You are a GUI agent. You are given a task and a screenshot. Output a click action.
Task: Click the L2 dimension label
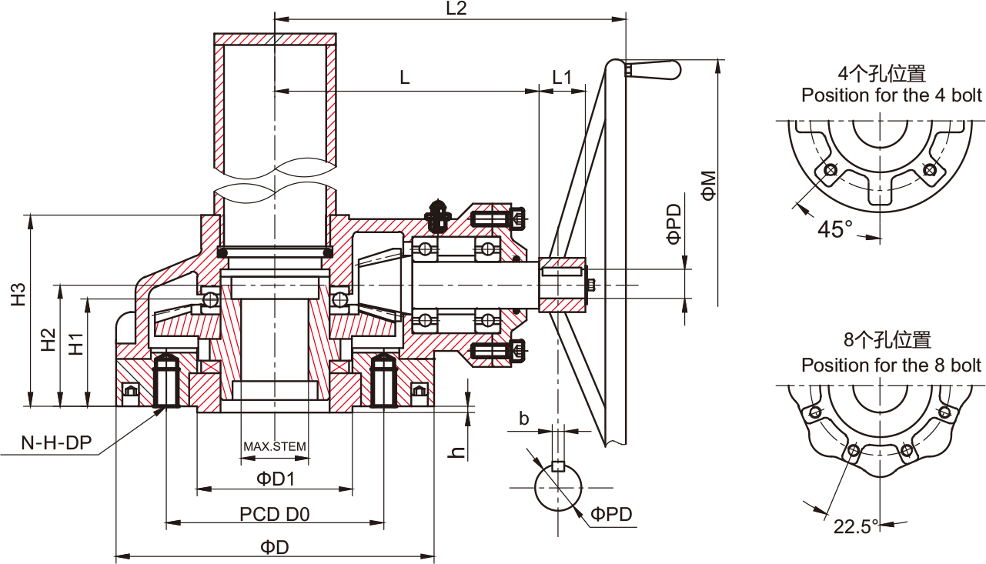(x=456, y=8)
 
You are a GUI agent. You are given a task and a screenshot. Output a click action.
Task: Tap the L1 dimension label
(x=563, y=77)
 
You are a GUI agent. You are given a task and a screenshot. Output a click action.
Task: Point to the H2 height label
(x=48, y=339)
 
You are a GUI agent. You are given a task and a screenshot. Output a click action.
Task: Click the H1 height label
(x=75, y=343)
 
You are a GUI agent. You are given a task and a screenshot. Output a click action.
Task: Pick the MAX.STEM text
(x=275, y=447)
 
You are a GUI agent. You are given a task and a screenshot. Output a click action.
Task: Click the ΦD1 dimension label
(x=276, y=479)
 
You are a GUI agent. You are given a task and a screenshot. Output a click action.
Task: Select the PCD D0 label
(x=275, y=514)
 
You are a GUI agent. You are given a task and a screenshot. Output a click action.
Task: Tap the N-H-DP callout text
(x=56, y=442)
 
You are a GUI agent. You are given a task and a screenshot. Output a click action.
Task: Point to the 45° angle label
(x=835, y=229)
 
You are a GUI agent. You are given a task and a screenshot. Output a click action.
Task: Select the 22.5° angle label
(x=856, y=527)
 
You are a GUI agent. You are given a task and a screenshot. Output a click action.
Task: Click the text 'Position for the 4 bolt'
(x=891, y=95)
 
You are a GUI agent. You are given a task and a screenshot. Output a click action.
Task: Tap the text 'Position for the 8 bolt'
(x=891, y=365)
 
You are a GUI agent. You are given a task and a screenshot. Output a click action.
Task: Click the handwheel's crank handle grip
(x=655, y=70)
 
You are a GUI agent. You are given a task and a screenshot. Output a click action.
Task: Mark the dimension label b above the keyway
(x=524, y=419)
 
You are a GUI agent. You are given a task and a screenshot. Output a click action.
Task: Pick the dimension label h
(x=457, y=452)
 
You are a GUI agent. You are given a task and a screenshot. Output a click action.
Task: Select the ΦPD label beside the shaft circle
(x=612, y=514)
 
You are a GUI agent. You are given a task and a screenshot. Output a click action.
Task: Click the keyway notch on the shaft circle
(x=559, y=466)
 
